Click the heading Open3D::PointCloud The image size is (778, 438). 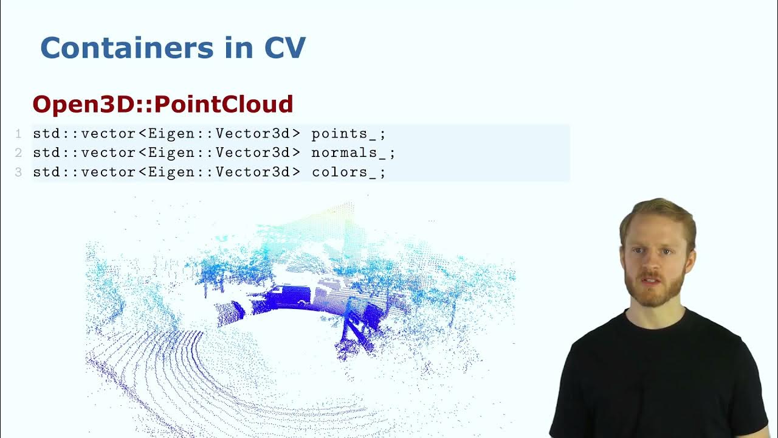coord(163,104)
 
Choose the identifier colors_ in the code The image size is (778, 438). coord(342,172)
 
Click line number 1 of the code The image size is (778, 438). coord(18,134)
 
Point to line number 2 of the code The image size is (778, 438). coord(18,153)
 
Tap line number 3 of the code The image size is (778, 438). coord(18,172)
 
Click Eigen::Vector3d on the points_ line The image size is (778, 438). coord(219,134)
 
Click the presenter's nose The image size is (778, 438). coord(652,263)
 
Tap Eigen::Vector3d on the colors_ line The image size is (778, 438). coord(219,172)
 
